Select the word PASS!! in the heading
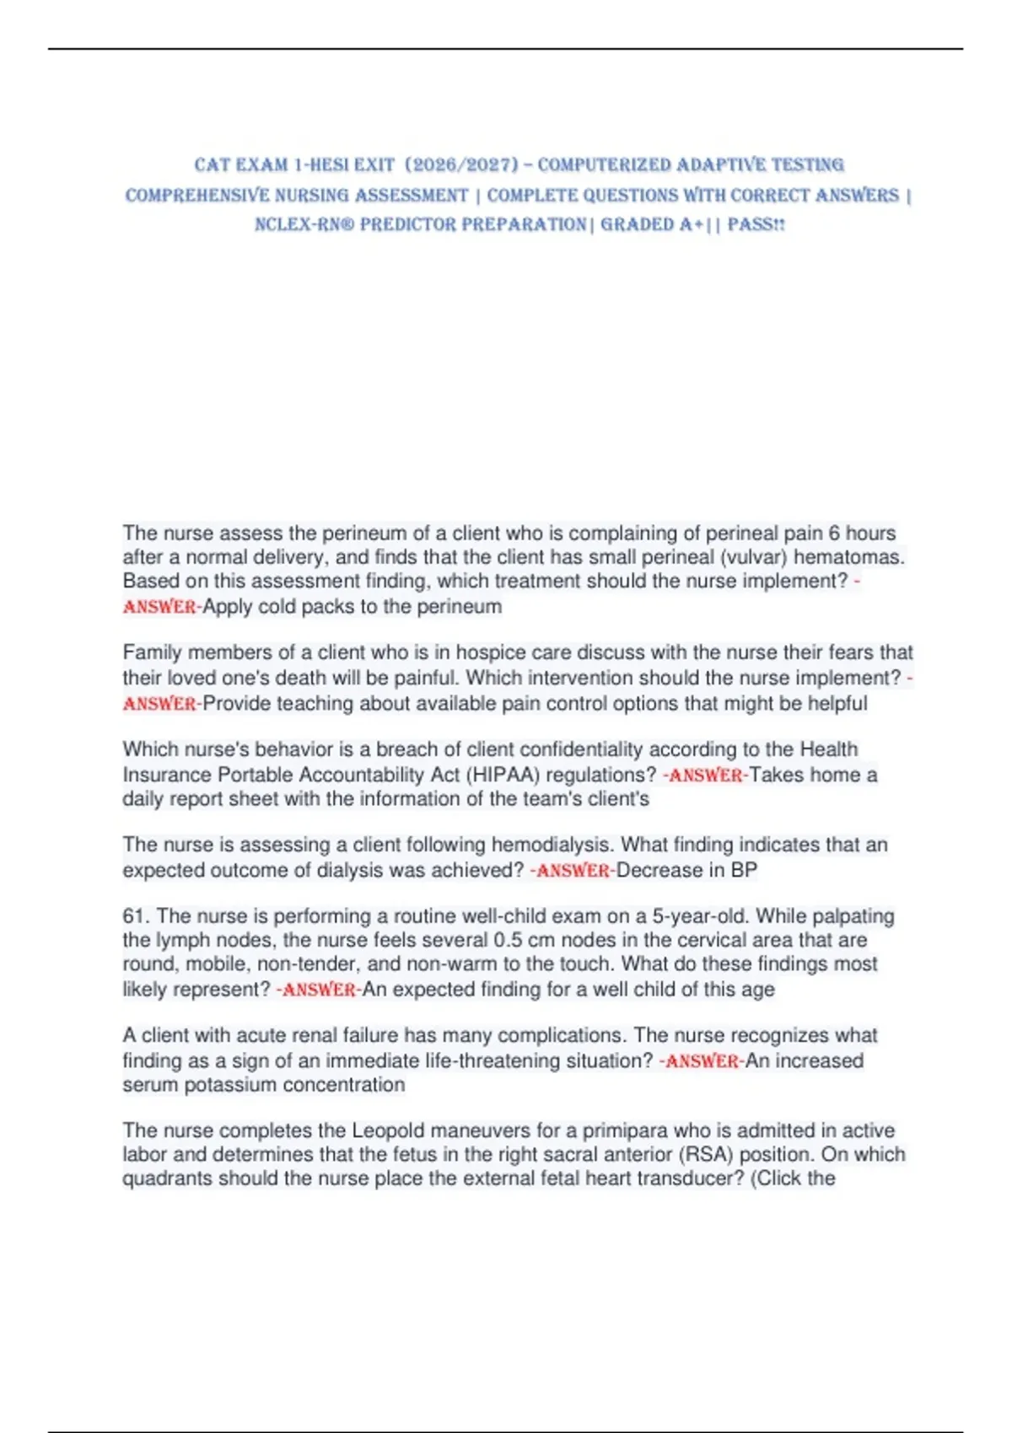click(756, 224)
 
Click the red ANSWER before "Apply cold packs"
click(159, 607)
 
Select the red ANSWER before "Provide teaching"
click(159, 704)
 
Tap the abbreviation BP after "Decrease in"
click(744, 870)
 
